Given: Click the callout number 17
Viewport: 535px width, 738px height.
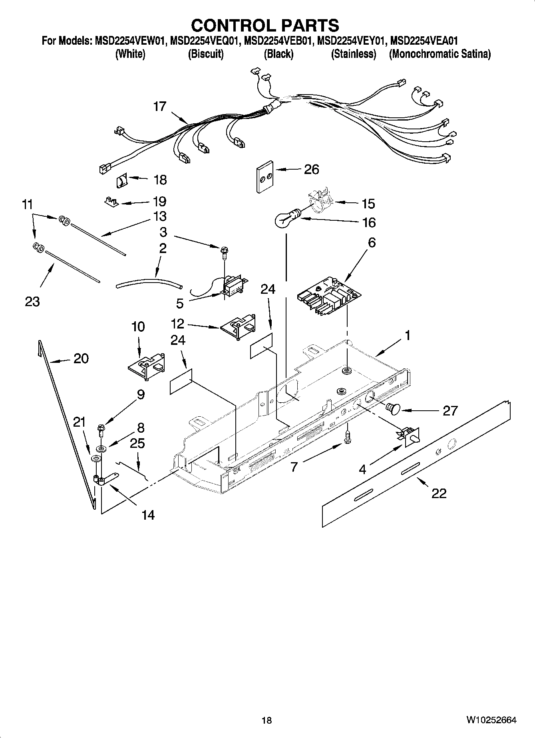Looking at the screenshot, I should [x=159, y=107].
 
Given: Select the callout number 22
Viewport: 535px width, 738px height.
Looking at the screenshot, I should [x=438, y=493].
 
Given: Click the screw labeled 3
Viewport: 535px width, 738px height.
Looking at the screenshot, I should [x=223, y=252].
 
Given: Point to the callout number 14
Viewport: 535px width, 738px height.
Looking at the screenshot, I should [x=148, y=515].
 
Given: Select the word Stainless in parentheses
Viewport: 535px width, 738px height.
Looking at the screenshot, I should [x=354, y=54].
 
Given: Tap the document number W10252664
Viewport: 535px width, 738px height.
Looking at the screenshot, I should [x=491, y=720].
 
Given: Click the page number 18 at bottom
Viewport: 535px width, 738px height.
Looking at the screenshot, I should [x=267, y=720].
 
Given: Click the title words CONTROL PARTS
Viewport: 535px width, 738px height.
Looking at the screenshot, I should [x=265, y=26].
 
